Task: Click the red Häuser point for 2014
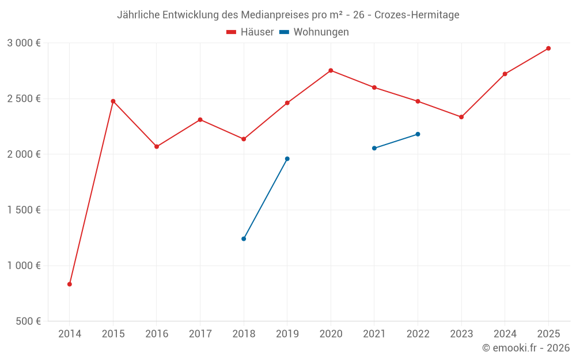click(70, 284)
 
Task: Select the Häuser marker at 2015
click(113, 101)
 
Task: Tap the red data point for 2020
click(331, 70)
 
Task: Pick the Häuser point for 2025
click(548, 48)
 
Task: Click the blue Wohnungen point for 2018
click(244, 238)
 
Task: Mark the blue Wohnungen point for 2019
click(287, 159)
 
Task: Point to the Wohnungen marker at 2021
click(374, 148)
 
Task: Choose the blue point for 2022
click(418, 134)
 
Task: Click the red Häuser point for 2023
click(461, 117)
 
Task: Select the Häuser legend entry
click(251, 32)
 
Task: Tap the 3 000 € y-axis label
click(24, 43)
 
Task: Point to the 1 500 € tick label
click(24, 210)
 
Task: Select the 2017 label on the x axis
click(200, 334)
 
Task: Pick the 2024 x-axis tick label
click(505, 334)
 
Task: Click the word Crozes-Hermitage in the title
click(417, 15)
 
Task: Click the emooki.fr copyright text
click(525, 348)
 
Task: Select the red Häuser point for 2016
click(157, 146)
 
